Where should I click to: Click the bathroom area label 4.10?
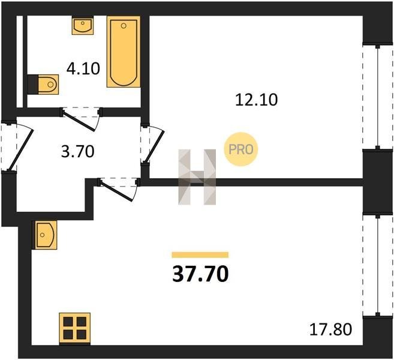click(x=83, y=68)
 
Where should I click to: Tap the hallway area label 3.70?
click(x=77, y=152)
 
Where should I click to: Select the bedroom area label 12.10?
click(x=256, y=100)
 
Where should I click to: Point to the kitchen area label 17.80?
click(x=330, y=329)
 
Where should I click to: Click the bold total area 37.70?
click(x=200, y=274)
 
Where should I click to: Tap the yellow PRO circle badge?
click(x=240, y=149)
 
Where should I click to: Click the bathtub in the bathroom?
click(x=124, y=52)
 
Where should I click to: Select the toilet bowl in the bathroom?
click(x=43, y=84)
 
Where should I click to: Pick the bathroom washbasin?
click(x=83, y=25)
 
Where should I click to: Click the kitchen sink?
click(x=46, y=235)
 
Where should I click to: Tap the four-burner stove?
click(x=74, y=328)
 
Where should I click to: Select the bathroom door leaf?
click(x=79, y=121)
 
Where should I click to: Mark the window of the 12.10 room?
click(x=377, y=97)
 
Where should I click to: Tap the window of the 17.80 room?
click(x=377, y=265)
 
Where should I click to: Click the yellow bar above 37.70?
click(x=200, y=254)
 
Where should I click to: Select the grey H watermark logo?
click(x=197, y=177)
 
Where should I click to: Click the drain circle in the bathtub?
click(x=124, y=26)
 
